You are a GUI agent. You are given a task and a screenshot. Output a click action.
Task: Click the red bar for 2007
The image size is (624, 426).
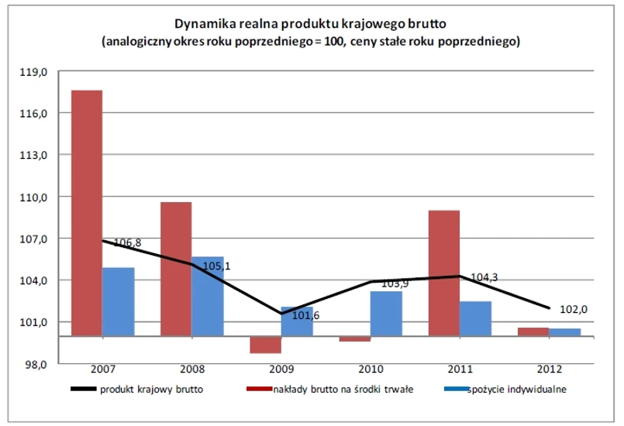tap(87, 213)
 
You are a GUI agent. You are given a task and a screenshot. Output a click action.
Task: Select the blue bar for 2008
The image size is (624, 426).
tap(208, 297)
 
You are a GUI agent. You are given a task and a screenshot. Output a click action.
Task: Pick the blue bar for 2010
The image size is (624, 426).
tap(386, 314)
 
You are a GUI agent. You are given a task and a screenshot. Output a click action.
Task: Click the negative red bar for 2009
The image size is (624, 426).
tap(265, 345)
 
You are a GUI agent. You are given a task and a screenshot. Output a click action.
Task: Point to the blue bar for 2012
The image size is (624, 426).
tap(565, 332)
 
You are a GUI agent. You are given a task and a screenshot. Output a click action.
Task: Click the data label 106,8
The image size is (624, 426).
tap(128, 243)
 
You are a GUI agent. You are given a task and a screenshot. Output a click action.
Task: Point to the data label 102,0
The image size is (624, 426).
tap(574, 309)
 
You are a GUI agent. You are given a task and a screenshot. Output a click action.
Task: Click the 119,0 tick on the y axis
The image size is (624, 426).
tap(37, 72)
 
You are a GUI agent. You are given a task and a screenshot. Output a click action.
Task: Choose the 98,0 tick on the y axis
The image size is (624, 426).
tap(37, 364)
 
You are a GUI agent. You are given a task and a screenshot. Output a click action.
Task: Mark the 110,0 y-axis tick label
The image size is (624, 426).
tap(37, 197)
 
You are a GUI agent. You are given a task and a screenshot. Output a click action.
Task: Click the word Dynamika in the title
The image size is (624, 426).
tap(205, 24)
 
